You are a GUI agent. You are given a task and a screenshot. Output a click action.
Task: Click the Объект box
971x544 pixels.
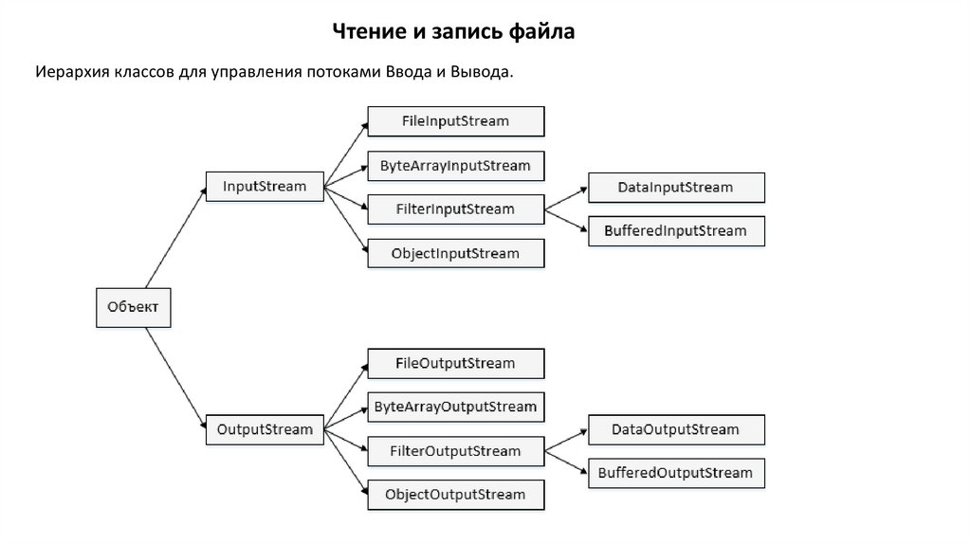[x=134, y=306]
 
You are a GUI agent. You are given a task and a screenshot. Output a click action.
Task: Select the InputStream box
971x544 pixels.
[x=265, y=187]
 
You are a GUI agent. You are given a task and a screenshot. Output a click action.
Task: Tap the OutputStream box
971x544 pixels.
[x=265, y=429]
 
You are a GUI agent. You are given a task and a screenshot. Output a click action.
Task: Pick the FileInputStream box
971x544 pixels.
[x=455, y=121]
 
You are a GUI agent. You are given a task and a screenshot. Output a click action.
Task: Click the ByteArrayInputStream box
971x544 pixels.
[x=455, y=166]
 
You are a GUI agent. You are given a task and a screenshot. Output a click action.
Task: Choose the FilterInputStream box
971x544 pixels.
[x=455, y=209]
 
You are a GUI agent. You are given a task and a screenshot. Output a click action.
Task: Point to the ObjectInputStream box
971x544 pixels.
[x=455, y=253]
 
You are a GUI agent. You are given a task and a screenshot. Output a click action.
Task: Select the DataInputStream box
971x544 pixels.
[x=675, y=188]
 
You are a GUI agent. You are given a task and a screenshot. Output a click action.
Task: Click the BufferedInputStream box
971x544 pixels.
[x=675, y=231]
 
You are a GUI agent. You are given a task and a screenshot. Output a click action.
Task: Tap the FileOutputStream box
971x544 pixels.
[x=455, y=363]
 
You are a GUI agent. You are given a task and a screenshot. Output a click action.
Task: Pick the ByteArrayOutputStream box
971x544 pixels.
[x=455, y=407]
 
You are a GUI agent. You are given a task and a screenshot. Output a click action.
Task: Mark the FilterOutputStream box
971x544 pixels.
[x=455, y=451]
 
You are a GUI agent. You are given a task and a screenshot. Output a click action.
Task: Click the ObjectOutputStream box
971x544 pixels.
[x=455, y=495]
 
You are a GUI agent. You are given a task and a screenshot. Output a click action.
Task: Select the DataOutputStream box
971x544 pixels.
[x=675, y=430]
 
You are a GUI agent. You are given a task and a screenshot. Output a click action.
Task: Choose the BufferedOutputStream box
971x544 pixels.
[x=675, y=473]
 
